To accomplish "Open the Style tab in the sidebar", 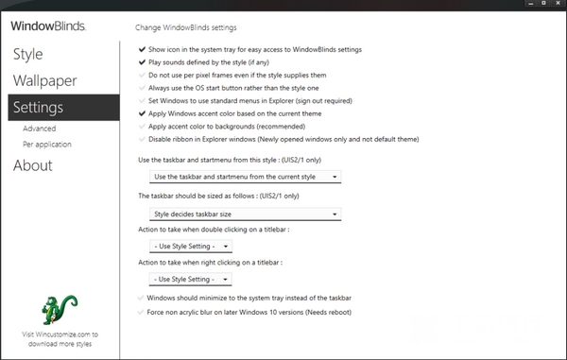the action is (27, 54).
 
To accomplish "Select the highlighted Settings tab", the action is (39, 108).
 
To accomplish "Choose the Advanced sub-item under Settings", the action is (40, 129).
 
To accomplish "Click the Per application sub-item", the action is (47, 145).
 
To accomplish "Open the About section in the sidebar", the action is (32, 166).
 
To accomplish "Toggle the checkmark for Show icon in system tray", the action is (142, 48).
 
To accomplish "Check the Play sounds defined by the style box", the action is (142, 61).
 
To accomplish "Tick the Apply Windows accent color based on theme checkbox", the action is (142, 112).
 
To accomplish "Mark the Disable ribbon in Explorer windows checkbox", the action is (142, 138).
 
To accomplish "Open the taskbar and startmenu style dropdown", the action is (246, 177).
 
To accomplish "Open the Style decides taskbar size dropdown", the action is (246, 214).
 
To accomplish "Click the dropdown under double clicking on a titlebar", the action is (190, 247).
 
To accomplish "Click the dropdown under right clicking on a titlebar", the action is (190, 279).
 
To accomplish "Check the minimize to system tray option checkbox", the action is (142, 298).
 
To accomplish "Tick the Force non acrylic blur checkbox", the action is (142, 311).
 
